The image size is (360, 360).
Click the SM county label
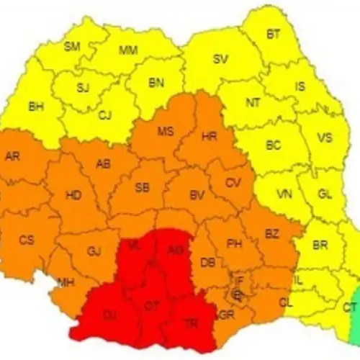coord(73,47)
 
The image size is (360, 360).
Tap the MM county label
coord(128,50)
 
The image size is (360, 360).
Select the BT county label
coord(274,34)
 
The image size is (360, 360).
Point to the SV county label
coord(220,59)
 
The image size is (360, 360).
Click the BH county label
coord(35,106)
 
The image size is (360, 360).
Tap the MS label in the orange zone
coord(166,130)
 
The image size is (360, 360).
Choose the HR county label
coord(210,135)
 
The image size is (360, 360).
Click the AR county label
coord(12,156)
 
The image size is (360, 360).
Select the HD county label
coord(73,195)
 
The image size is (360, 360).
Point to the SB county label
coord(143,187)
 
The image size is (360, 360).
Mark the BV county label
coord(197,194)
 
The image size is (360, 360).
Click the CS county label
coord(27,240)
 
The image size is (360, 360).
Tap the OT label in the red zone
coord(151,306)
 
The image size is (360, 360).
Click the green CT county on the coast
coord(350,307)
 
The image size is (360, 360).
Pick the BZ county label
coord(271,234)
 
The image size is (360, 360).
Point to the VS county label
coord(325,138)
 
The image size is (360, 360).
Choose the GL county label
coord(325,194)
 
